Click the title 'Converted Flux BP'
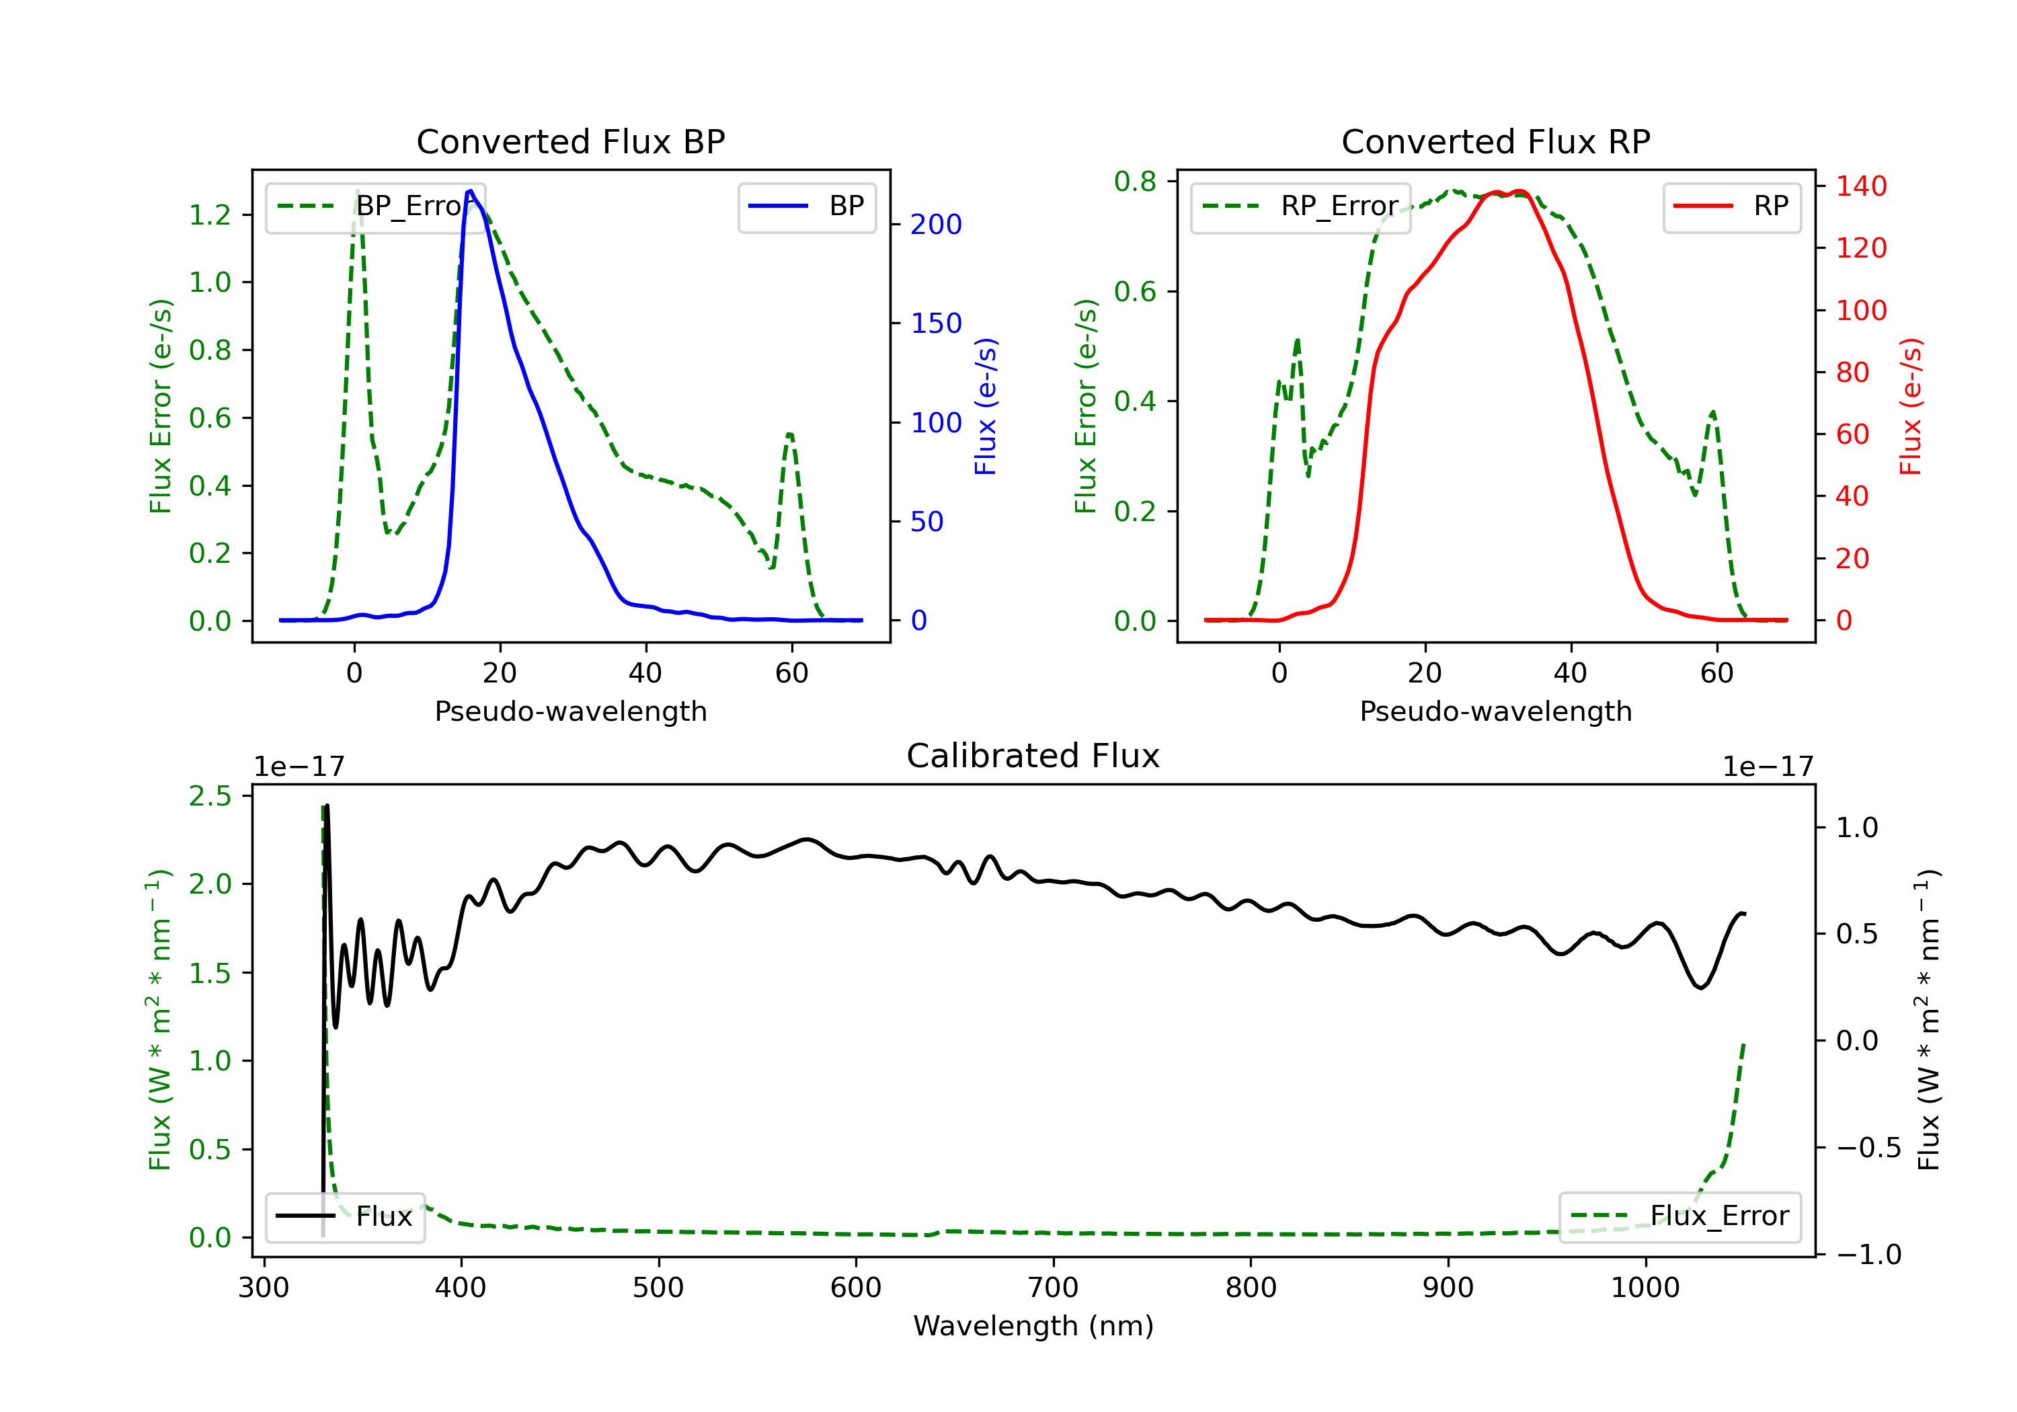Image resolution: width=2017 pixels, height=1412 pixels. click(x=571, y=141)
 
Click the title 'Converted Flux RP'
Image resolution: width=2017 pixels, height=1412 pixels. click(x=1496, y=141)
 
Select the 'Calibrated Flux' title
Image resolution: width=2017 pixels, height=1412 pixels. click(x=1033, y=756)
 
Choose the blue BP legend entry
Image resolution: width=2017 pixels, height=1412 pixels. click(x=806, y=206)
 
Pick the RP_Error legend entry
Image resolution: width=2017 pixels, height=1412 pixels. click(x=1300, y=206)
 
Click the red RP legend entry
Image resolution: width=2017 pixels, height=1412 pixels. click(x=1731, y=206)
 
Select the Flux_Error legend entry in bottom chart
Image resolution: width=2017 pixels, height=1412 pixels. click(x=1679, y=1216)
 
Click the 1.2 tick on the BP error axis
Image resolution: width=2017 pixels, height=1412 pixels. click(x=210, y=214)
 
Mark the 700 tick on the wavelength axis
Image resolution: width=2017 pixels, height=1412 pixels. click(x=1054, y=1288)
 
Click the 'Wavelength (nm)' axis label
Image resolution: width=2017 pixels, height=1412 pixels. click(x=1033, y=1326)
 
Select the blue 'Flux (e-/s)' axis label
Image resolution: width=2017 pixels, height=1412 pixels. click(x=986, y=407)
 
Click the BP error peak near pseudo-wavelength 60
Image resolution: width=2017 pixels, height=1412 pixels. click(x=790, y=434)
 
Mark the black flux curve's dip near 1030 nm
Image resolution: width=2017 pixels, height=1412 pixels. click(x=1702, y=988)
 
